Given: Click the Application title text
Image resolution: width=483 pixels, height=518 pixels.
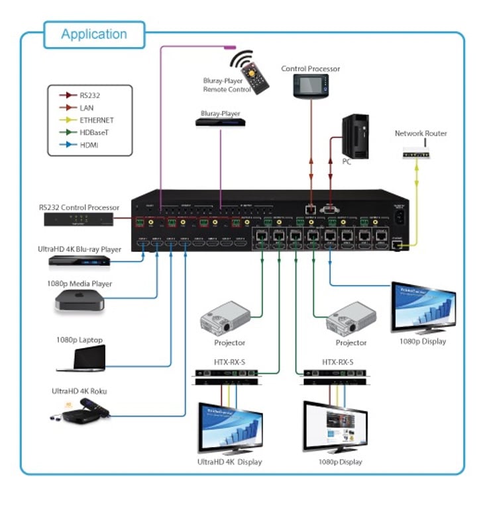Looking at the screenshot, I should click(93, 34).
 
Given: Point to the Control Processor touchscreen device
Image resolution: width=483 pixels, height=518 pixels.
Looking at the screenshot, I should click(311, 86).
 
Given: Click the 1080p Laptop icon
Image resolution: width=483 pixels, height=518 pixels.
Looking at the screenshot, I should click(83, 359).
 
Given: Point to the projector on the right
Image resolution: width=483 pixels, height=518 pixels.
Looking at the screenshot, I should click(351, 320).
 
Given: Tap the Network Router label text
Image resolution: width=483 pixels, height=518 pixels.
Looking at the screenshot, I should click(421, 133).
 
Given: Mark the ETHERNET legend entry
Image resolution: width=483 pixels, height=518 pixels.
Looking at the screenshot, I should click(96, 120).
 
